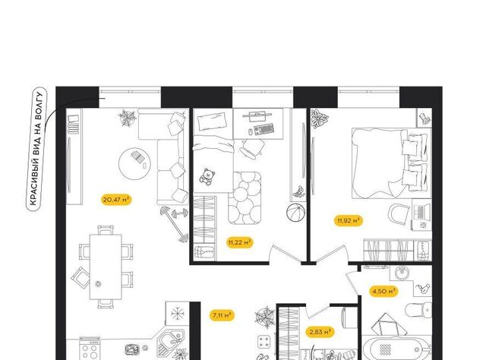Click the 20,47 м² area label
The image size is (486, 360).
[116, 200]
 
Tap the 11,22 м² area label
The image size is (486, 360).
[239, 242]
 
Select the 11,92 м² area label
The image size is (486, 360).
[349, 221]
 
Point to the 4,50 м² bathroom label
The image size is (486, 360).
[383, 292]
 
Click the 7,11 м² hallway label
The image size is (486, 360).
[222, 315]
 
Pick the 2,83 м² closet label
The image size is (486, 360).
[320, 332]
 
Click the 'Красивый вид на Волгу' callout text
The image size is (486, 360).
[36, 149]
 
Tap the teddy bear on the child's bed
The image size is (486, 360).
[207, 177]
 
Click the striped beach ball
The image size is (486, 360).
[295, 213]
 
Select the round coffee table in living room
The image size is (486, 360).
[135, 163]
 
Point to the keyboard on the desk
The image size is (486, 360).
[264, 129]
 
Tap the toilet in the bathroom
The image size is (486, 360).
[418, 310]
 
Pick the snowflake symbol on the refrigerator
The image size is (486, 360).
[178, 314]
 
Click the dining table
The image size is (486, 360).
[106, 267]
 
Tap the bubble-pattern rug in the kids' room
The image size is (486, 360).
[245, 197]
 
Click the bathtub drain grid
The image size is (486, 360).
[385, 349]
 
